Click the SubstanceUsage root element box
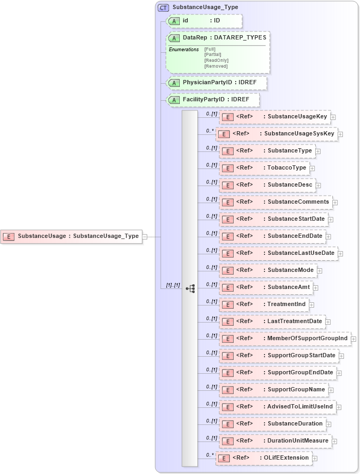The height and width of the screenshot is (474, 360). [73, 236]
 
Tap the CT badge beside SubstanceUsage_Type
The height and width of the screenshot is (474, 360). [163, 7]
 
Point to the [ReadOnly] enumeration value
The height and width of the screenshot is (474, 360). [216, 60]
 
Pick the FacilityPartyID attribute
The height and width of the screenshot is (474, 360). [213, 100]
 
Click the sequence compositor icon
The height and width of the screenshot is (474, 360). [190, 288]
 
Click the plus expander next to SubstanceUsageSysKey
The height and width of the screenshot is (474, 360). [340, 134]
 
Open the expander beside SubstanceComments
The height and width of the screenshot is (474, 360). [335, 203]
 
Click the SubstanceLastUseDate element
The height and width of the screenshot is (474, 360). [278, 253]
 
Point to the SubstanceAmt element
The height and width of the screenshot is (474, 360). [266, 287]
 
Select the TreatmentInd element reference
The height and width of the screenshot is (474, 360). [264, 304]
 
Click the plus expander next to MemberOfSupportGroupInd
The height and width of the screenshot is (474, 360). [354, 339]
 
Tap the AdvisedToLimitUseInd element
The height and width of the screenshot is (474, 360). [277, 407]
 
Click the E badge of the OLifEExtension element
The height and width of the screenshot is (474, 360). [225, 458]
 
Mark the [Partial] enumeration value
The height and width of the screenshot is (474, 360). [213, 54]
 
